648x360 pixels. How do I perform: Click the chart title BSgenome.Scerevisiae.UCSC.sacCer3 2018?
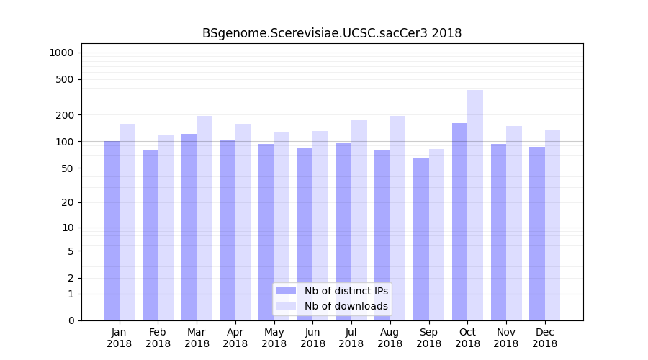[332, 33]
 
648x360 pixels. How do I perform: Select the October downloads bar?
[475, 205]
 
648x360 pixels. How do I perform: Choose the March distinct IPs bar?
[189, 227]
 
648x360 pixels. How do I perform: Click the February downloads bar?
[166, 228]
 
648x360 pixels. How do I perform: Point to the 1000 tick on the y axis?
[61, 53]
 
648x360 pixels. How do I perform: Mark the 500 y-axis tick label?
[65, 79]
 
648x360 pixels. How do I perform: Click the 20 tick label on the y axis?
[67, 202]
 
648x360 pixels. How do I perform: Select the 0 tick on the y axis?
[71, 320]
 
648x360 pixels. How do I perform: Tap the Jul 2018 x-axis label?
[351, 338]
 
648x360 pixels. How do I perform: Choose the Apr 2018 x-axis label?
[235, 338]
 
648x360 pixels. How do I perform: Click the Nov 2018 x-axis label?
[506, 338]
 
